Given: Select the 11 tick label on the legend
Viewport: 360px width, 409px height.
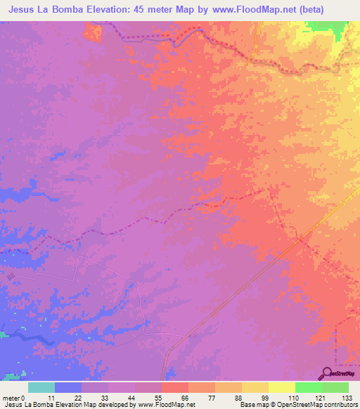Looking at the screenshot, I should coord(56,397).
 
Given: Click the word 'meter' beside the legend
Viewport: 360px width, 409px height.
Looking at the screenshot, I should coord(12,397).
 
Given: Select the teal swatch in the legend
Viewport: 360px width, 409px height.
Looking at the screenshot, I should coord(41,387).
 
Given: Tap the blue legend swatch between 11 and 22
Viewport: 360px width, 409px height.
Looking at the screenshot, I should coord(68,387).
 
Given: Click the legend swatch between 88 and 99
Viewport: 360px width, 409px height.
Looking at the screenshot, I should coord(255,387).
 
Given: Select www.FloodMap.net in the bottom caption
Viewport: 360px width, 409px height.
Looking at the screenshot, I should coord(168,405).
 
